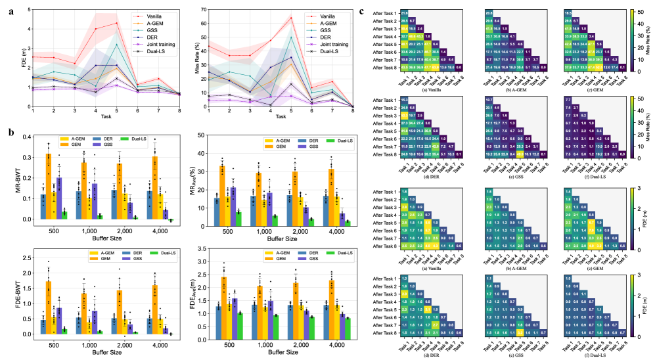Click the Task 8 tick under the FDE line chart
pyautogui.click(x=179, y=112)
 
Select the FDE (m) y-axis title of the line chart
pyautogui.click(x=6, y=57)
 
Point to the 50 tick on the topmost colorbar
pyautogui.click(x=630, y=13)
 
